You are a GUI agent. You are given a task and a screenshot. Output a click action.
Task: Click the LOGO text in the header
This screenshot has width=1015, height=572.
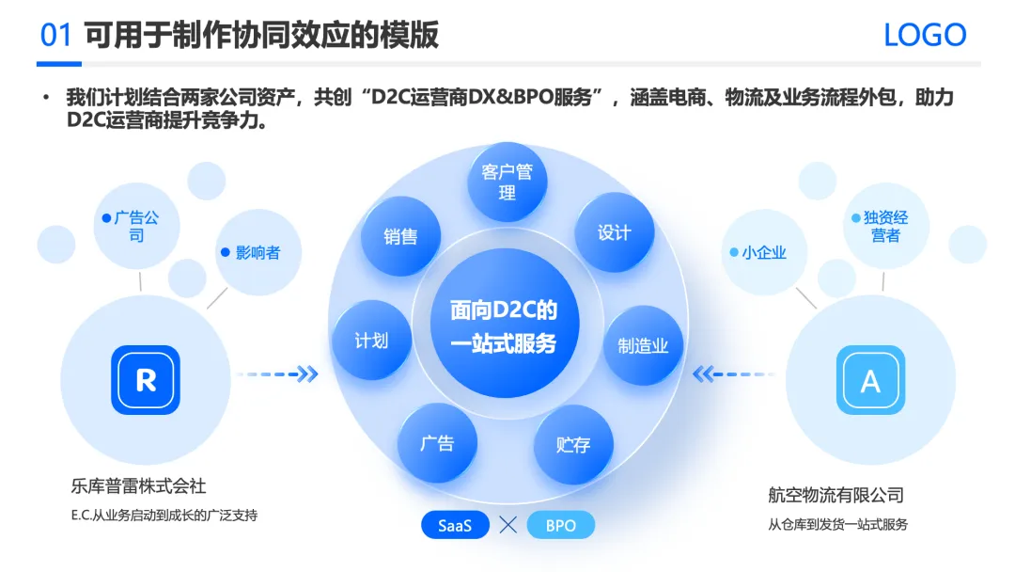click(x=925, y=36)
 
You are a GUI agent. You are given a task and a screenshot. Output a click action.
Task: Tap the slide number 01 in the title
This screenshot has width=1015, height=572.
click(x=56, y=36)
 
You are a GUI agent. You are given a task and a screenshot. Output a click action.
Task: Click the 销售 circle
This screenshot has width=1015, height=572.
click(x=400, y=236)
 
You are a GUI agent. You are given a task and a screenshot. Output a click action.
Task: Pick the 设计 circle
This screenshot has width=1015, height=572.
click(x=614, y=232)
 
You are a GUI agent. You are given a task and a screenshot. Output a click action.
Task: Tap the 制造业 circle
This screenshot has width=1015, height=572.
click(x=643, y=345)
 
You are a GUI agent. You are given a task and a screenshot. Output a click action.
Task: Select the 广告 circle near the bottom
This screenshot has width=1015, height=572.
click(x=437, y=443)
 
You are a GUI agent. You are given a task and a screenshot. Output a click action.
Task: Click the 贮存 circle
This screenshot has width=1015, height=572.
click(x=573, y=444)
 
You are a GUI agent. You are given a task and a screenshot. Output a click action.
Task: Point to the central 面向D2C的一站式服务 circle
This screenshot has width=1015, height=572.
click(x=504, y=326)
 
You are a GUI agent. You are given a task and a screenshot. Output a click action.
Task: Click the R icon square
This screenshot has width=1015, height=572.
click(x=146, y=380)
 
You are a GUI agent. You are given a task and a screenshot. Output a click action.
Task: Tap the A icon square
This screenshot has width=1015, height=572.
click(x=870, y=381)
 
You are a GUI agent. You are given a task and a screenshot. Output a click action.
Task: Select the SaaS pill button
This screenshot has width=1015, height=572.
click(x=455, y=525)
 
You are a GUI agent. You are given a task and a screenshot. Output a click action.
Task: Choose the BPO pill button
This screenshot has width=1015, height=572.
click(x=561, y=525)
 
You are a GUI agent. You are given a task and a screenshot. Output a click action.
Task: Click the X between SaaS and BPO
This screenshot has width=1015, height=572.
click(x=508, y=525)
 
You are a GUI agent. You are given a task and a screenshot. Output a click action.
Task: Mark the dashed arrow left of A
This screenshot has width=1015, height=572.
click(x=732, y=374)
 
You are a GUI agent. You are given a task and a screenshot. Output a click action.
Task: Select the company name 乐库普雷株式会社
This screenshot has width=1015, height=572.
click(x=138, y=486)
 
